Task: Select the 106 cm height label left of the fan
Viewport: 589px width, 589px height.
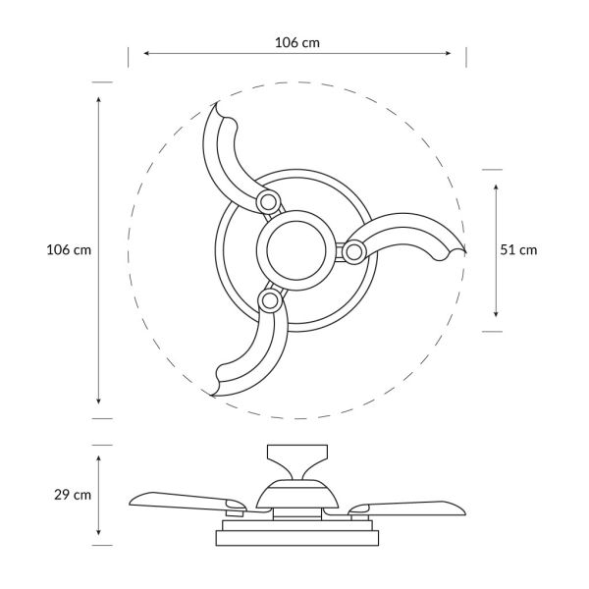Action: (69, 250)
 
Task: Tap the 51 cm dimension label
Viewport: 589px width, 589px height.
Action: (518, 249)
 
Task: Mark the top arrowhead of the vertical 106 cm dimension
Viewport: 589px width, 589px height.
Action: (99, 99)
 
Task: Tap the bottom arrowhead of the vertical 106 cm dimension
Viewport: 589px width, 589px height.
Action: (99, 402)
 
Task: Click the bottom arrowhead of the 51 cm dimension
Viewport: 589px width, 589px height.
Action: (497, 314)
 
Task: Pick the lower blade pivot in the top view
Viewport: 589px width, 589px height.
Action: (267, 299)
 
